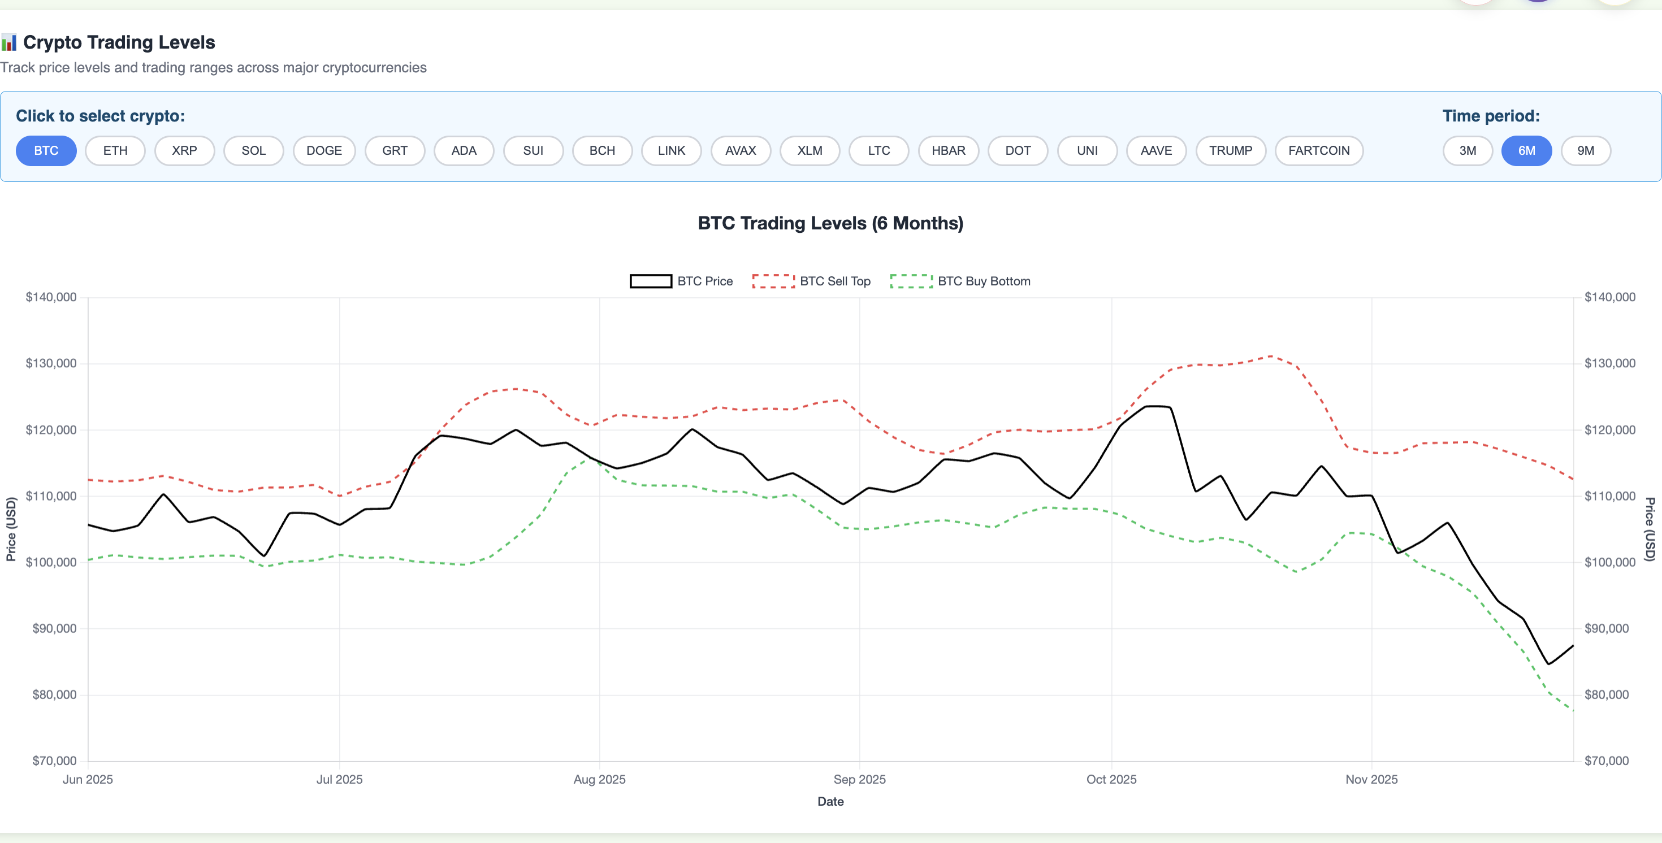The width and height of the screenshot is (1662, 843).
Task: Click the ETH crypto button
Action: pos(115,151)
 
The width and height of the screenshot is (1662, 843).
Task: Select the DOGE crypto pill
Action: pos(324,151)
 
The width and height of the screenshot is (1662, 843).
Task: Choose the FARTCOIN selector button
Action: pos(1318,151)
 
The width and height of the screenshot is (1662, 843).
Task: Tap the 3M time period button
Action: pos(1467,151)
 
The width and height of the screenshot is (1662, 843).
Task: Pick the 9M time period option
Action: pos(1585,151)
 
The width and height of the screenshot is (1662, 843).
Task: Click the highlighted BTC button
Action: pos(46,151)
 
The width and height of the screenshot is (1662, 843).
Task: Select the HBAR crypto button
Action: pos(948,151)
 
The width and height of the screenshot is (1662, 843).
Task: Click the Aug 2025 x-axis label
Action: pos(599,779)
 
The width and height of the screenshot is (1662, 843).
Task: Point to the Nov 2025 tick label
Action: pos(1371,779)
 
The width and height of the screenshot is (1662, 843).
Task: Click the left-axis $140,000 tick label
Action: pos(51,297)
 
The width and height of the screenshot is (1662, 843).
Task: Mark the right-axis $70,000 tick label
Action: pos(1606,761)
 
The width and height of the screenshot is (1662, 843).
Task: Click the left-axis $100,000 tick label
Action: pos(51,562)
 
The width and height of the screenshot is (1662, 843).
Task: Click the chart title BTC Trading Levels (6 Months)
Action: pos(830,223)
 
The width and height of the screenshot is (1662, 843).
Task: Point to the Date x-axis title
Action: pos(830,802)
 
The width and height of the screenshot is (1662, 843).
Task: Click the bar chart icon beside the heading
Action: pos(9,43)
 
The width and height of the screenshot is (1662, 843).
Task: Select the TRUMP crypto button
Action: pos(1230,151)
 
